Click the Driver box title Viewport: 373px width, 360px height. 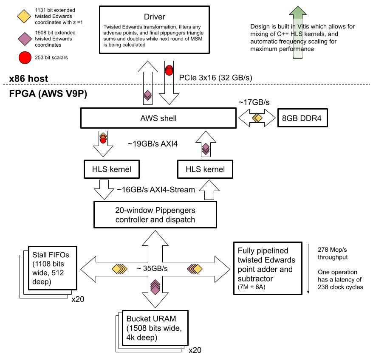click(154, 17)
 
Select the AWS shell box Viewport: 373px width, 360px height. click(158, 118)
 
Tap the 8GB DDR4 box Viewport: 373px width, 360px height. click(302, 118)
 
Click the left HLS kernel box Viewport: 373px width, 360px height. click(112, 169)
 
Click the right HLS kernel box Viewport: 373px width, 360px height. click(205, 169)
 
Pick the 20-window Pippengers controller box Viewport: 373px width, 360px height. click(155, 215)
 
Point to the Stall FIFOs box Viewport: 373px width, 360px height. click(53, 268)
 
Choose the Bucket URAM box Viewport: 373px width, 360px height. click(155, 328)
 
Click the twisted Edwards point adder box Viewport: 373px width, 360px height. click(268, 268)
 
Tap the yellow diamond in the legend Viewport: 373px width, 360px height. click(24, 17)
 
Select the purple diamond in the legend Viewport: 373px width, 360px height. click(25, 39)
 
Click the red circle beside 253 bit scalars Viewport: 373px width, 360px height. click(25, 58)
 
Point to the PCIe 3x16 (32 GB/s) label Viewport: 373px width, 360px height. click(215, 78)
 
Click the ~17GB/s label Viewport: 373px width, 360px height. click(254, 102)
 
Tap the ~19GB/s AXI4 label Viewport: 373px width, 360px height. click(153, 144)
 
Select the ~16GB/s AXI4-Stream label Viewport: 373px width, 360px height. click(156, 190)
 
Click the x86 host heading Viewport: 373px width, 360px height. click(28, 79)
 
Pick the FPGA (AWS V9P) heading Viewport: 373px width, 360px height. click(48, 94)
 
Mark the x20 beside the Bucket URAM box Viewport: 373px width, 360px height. click(195, 350)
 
